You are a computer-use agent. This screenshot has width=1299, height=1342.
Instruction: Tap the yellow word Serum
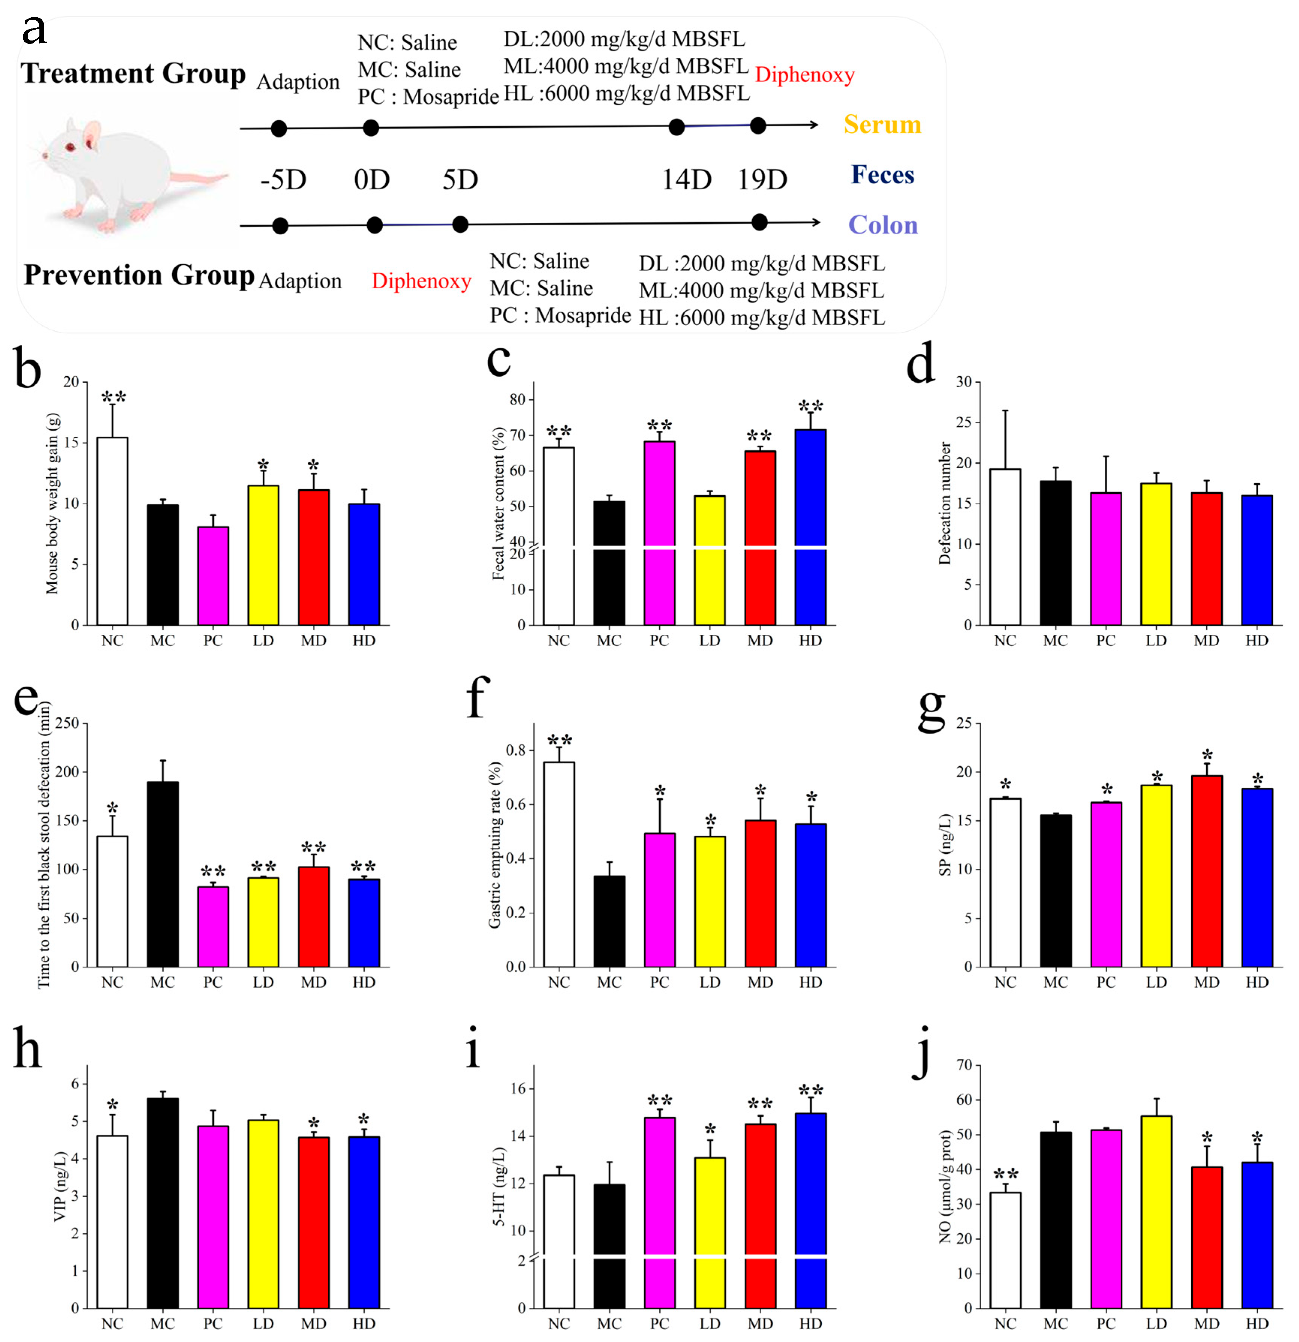point(882,124)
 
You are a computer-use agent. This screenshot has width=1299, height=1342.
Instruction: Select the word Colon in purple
point(883,225)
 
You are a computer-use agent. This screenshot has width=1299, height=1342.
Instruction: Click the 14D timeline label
point(686,179)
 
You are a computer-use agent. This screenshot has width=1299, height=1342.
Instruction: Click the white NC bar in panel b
point(112,531)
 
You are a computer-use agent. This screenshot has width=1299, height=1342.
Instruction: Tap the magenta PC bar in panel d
point(1106,558)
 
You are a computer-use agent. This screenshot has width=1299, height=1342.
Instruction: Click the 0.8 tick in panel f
point(515,750)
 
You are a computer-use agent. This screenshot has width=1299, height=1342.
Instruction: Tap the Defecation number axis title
point(945,503)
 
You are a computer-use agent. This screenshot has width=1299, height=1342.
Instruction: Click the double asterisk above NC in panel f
point(559,740)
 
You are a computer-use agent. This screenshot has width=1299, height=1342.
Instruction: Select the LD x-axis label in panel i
point(710,1324)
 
